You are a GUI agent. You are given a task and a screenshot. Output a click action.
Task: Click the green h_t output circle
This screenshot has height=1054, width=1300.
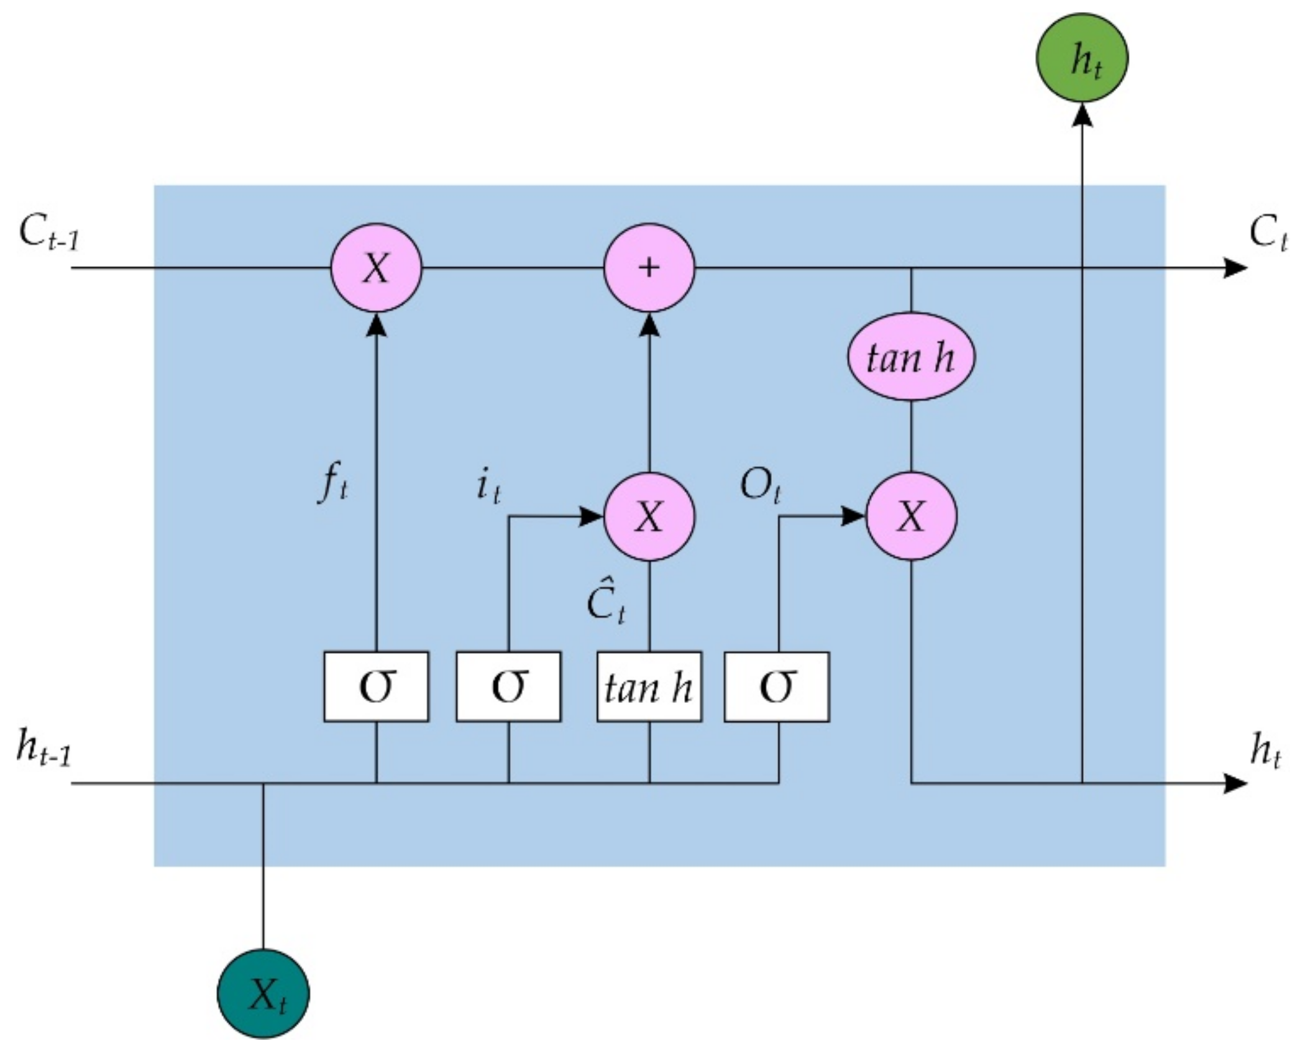point(1082,58)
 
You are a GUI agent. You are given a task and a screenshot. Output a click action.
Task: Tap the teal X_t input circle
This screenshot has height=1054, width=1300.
point(263,994)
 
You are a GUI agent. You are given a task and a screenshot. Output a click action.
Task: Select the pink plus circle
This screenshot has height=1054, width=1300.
point(649,268)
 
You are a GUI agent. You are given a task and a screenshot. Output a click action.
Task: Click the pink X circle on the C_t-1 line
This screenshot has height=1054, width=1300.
point(376,268)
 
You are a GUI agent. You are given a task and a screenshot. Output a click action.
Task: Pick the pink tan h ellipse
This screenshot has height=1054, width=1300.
point(911,357)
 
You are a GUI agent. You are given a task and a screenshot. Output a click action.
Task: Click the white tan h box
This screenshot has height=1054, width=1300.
point(649,687)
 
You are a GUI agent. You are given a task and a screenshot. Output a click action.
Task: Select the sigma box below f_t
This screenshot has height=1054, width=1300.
point(376,687)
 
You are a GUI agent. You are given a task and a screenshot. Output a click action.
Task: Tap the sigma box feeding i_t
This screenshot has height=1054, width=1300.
point(508,687)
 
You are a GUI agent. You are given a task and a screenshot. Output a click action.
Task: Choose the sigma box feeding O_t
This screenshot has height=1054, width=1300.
point(777,687)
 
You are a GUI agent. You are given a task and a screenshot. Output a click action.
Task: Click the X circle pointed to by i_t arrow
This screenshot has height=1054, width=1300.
point(649,516)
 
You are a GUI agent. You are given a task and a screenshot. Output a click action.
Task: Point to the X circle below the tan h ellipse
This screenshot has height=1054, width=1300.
point(911,516)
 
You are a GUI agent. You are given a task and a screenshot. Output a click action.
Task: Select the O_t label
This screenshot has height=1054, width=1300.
point(759,485)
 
